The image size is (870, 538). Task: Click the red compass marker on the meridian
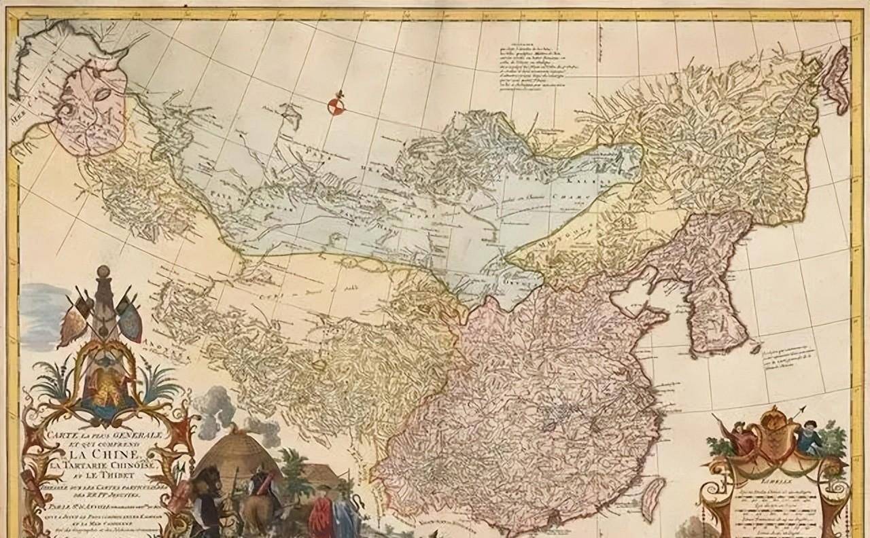click(x=334, y=105)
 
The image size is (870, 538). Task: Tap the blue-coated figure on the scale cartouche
click(x=809, y=435)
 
